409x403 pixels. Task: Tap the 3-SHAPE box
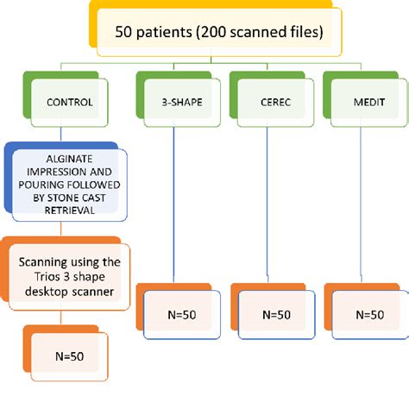(x=177, y=102)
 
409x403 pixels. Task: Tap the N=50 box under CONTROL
(x=69, y=355)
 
